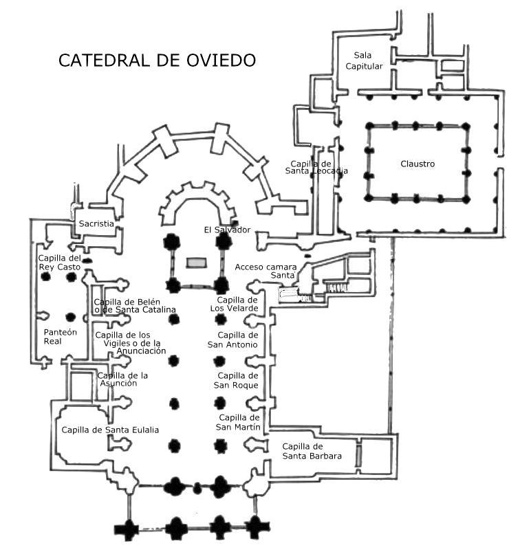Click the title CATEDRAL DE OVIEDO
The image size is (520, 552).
coord(157,60)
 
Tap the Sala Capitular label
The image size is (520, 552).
coord(369,60)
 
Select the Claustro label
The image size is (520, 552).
coord(418,164)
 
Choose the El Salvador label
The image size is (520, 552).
coord(227,229)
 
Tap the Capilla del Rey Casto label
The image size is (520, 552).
coord(60,263)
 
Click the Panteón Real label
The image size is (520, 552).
coord(58,335)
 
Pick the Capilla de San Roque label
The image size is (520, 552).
coord(237,380)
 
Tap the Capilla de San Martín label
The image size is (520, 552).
coord(239,422)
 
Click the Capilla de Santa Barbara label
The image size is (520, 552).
coord(307,450)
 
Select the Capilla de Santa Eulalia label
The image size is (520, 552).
coord(110,430)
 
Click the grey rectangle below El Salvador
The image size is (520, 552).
coord(196,262)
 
